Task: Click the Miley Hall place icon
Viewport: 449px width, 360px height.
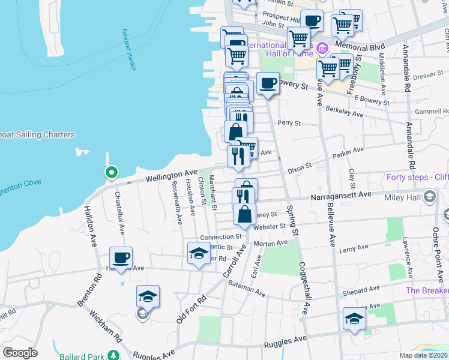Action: point(430,197)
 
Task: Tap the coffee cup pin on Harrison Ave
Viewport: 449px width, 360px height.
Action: point(121,257)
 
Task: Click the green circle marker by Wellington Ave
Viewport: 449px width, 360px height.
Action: point(111,173)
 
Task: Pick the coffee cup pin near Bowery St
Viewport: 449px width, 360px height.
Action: point(268,83)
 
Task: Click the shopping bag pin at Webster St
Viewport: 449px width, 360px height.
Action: point(244,214)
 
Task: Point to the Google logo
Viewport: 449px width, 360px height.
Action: point(20,352)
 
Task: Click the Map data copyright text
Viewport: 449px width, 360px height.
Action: point(423,355)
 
